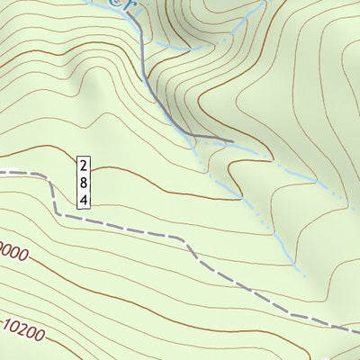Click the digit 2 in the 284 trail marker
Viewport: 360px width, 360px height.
pos(83,166)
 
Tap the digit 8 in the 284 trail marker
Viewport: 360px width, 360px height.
pos(83,183)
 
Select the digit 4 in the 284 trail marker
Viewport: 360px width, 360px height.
pos(83,200)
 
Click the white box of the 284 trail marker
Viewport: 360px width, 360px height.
pos(83,183)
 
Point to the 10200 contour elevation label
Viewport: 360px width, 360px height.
pos(23,330)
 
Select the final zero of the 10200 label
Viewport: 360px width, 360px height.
pos(40,338)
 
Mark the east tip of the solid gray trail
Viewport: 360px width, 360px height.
pos(232,141)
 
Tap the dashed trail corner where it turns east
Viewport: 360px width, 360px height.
pos(57,213)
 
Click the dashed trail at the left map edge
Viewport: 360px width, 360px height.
pos(2,170)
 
